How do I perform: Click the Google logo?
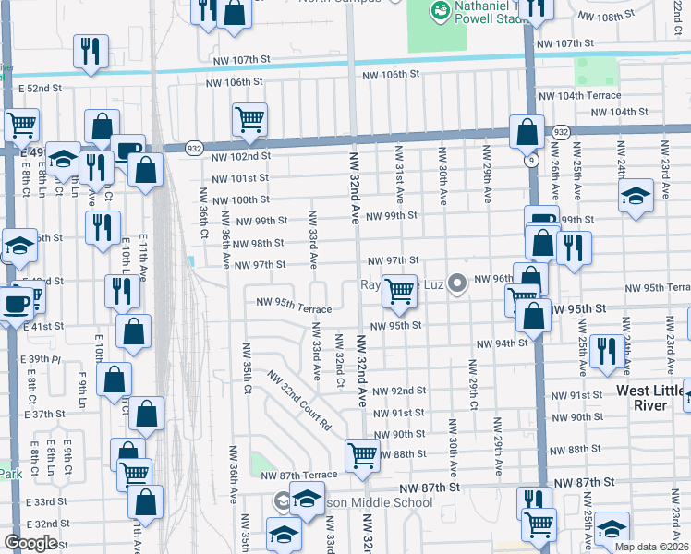[x=30, y=543]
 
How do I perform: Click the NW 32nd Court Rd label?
[x=299, y=402]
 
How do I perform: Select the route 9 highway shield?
[x=531, y=159]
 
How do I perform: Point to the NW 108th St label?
[x=618, y=18]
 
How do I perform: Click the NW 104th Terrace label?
[x=580, y=96]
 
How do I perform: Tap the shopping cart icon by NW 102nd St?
[x=249, y=120]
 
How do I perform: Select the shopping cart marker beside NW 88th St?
[x=361, y=454]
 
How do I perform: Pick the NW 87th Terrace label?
[x=298, y=475]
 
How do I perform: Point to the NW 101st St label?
[x=240, y=178]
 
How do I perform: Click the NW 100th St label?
[x=240, y=199]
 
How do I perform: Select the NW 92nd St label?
[x=399, y=391]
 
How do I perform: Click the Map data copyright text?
[x=656, y=545]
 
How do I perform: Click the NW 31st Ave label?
[x=399, y=174]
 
